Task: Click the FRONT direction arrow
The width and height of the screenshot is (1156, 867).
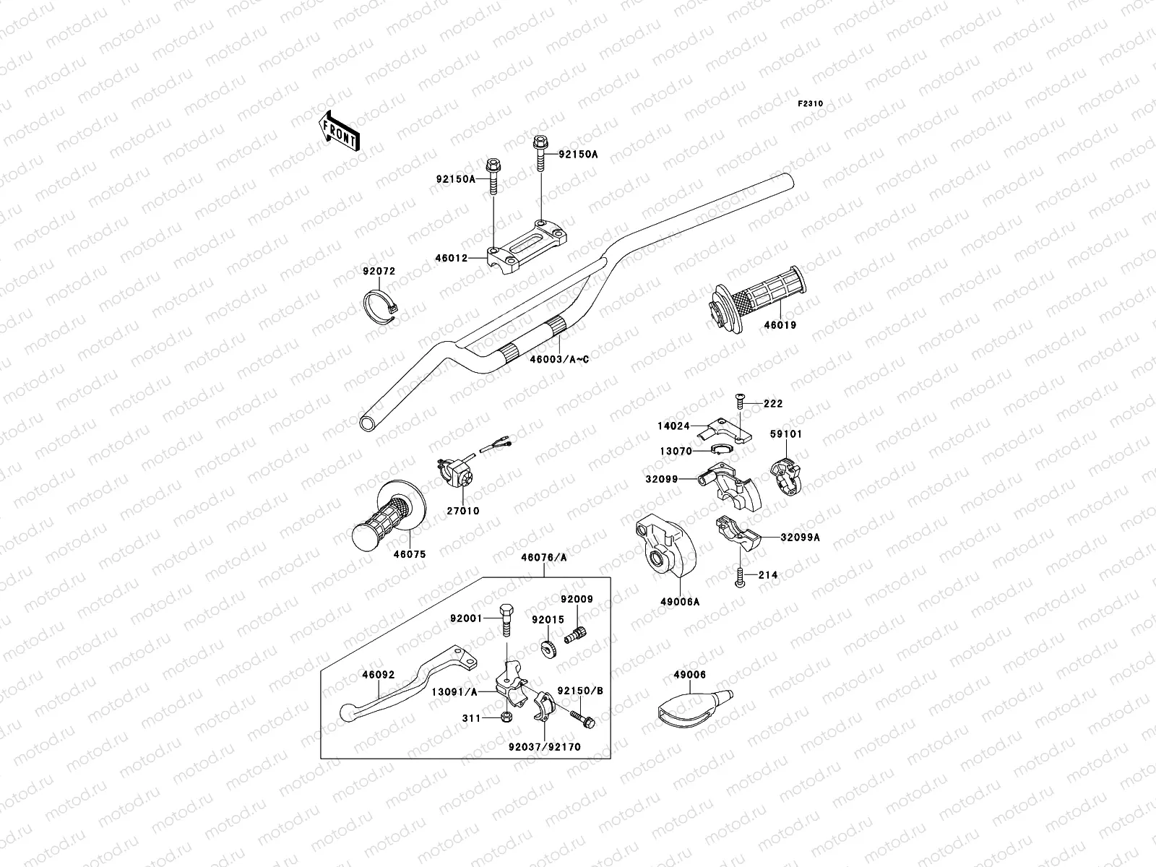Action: pyautogui.click(x=339, y=129)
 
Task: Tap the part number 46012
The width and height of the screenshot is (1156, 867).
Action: pyautogui.click(x=452, y=258)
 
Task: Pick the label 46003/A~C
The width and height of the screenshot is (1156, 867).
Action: pyautogui.click(x=560, y=359)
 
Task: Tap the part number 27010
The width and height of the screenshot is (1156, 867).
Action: pyautogui.click(x=462, y=511)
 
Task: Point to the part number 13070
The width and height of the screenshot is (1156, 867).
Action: pyautogui.click(x=675, y=451)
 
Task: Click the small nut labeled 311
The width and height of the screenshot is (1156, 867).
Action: pyautogui.click(x=506, y=717)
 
